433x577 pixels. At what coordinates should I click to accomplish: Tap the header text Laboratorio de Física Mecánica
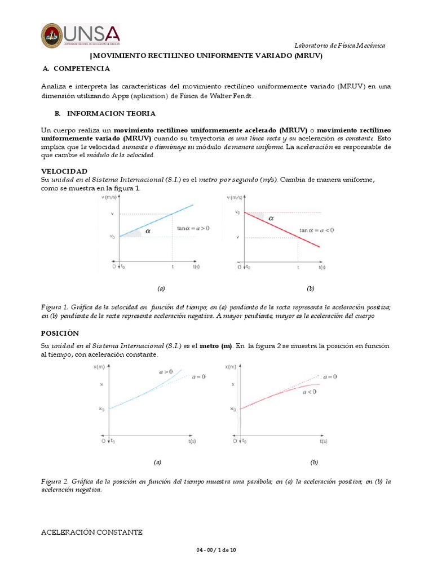click(340, 46)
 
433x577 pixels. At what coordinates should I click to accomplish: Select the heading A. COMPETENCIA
click(76, 69)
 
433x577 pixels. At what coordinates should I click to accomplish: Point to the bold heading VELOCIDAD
click(64, 171)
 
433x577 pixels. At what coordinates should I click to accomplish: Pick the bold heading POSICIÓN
click(60, 333)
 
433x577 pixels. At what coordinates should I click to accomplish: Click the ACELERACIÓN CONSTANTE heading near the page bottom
click(92, 532)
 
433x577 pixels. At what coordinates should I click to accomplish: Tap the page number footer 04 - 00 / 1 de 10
click(216, 550)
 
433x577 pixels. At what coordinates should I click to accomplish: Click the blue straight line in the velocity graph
click(158, 220)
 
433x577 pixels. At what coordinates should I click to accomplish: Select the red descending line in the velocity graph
click(282, 229)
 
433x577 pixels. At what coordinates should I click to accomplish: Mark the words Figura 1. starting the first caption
click(55, 307)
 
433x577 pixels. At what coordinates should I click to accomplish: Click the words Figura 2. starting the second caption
click(55, 482)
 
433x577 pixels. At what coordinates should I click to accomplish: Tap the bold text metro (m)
click(216, 345)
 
